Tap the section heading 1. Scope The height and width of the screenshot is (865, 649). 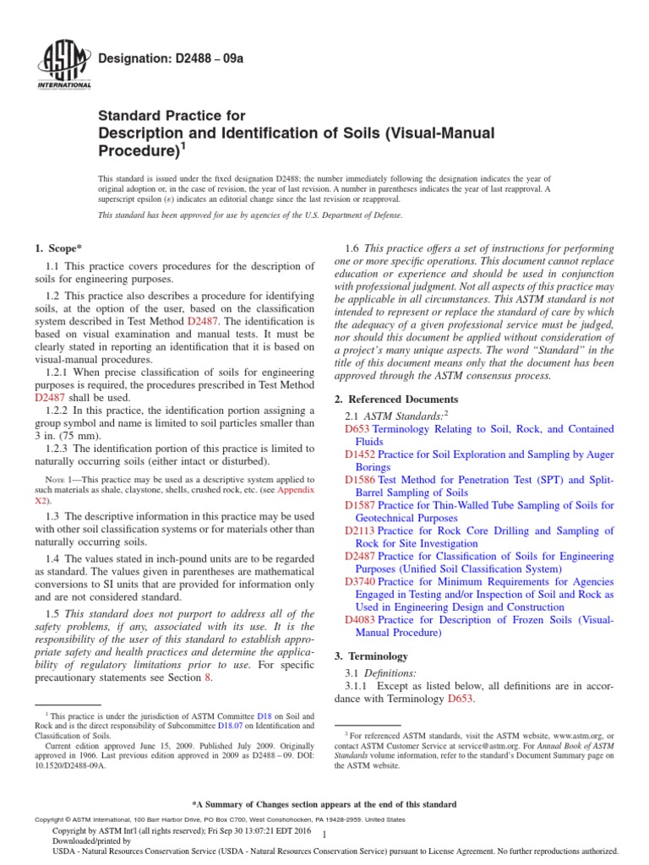(57, 248)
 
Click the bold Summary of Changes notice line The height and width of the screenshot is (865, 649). (324, 804)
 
